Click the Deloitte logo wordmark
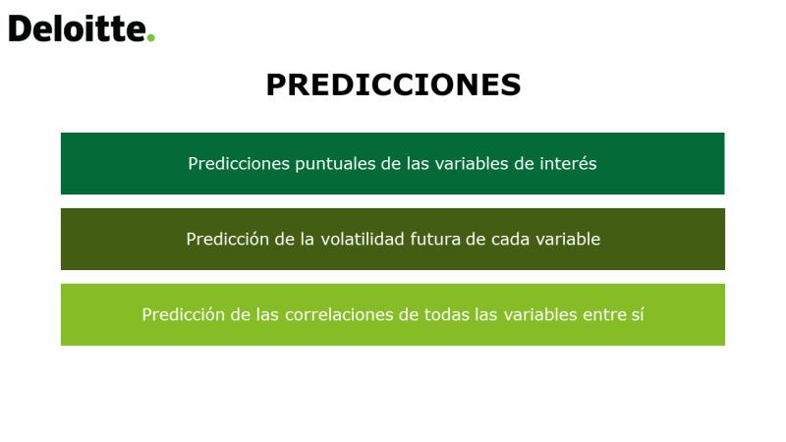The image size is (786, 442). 82,28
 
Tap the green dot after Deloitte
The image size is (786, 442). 151,37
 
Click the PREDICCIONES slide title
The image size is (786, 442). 394,84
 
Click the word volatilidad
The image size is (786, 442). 363,239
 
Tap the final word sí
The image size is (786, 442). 637,314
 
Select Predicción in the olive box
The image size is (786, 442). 228,239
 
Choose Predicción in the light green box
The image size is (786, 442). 184,314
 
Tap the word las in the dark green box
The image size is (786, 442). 418,163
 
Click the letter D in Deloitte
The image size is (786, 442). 20,28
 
